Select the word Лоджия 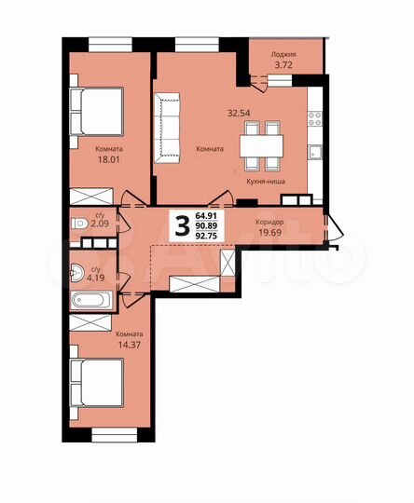[x=283, y=54]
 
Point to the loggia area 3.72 [x=283, y=65]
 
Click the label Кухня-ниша [x=266, y=183]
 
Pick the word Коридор [x=270, y=222]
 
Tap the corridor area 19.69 [x=270, y=233]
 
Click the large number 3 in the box [x=182, y=224]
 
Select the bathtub [x=90, y=301]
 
